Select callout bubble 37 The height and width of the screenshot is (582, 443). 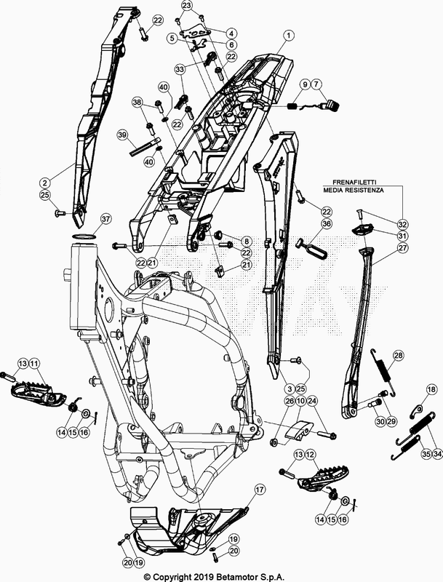[x=105, y=219]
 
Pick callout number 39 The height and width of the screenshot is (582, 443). [x=122, y=135]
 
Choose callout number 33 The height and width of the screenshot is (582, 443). [x=180, y=68]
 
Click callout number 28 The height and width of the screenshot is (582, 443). [x=398, y=356]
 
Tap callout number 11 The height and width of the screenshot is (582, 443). [x=34, y=363]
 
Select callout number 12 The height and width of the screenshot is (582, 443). [x=311, y=455]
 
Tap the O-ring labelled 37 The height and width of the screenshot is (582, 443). [x=87, y=237]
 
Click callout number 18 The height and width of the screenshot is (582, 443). [x=431, y=391]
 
